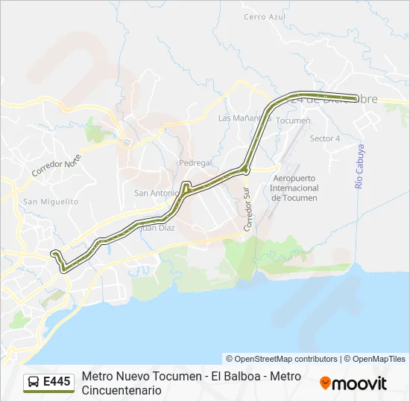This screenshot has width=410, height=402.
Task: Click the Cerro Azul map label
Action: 265,16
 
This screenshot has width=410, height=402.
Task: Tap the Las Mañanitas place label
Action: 243,118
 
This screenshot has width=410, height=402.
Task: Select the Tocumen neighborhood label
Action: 293,120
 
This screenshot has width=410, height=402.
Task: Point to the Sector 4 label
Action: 324,138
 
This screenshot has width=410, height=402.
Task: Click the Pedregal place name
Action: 195,162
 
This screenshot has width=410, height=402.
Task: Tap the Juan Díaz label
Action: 157,228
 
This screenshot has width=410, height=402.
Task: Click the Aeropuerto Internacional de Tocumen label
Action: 294,188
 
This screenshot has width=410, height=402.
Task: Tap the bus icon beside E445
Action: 34,383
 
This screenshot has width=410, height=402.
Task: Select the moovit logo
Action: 353,383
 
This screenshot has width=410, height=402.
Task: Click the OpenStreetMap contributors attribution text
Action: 282,359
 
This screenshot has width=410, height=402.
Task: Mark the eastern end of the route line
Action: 355,97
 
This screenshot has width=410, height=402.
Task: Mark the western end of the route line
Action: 54,255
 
